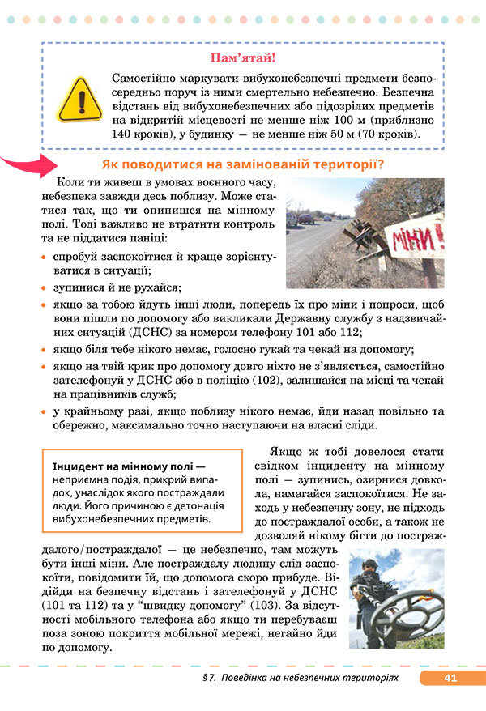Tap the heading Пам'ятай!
point(242,57)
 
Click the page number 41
point(451,678)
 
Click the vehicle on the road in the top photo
point(307,218)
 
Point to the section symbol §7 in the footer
point(212,678)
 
